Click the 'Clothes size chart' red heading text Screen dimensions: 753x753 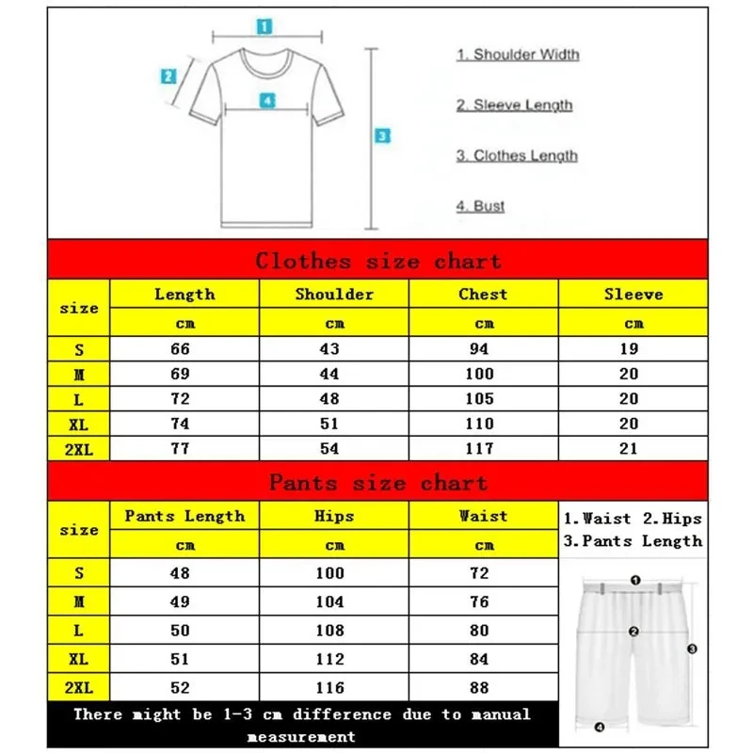tap(377, 261)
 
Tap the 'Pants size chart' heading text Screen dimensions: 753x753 tap(377, 483)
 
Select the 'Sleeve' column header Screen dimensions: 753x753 tap(633, 295)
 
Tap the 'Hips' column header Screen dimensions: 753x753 tap(335, 516)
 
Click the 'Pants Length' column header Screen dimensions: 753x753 tap(184, 516)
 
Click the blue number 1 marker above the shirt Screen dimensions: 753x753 tap(265, 26)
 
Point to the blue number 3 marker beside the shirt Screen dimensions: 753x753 tap(381, 136)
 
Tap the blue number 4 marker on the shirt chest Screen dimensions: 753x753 tap(267, 100)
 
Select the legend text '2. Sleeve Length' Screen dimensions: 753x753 tap(514, 105)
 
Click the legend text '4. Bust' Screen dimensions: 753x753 tap(481, 206)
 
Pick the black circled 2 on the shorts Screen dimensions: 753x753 tap(634, 632)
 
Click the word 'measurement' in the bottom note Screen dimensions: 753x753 tap(301, 736)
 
